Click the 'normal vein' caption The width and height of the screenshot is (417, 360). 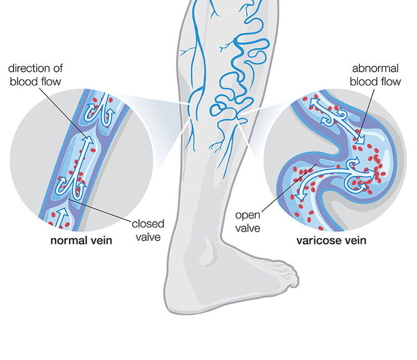tap(81, 240)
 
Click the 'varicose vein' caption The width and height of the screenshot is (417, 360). tap(332, 240)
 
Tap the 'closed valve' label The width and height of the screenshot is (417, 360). tap(148, 230)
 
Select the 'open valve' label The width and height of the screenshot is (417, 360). tap(248, 222)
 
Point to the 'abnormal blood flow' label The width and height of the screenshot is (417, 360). tap(375, 75)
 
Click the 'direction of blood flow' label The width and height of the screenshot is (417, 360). tap(35, 75)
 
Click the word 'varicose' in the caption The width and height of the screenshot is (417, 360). tap(318, 240)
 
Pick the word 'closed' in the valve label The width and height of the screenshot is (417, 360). tap(148, 224)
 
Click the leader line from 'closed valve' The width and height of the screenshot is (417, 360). tap(100, 210)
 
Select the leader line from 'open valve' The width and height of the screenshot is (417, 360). tap(289, 188)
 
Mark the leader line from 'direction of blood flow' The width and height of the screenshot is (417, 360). tap(65, 113)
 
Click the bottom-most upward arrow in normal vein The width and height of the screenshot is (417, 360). tap(62, 216)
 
